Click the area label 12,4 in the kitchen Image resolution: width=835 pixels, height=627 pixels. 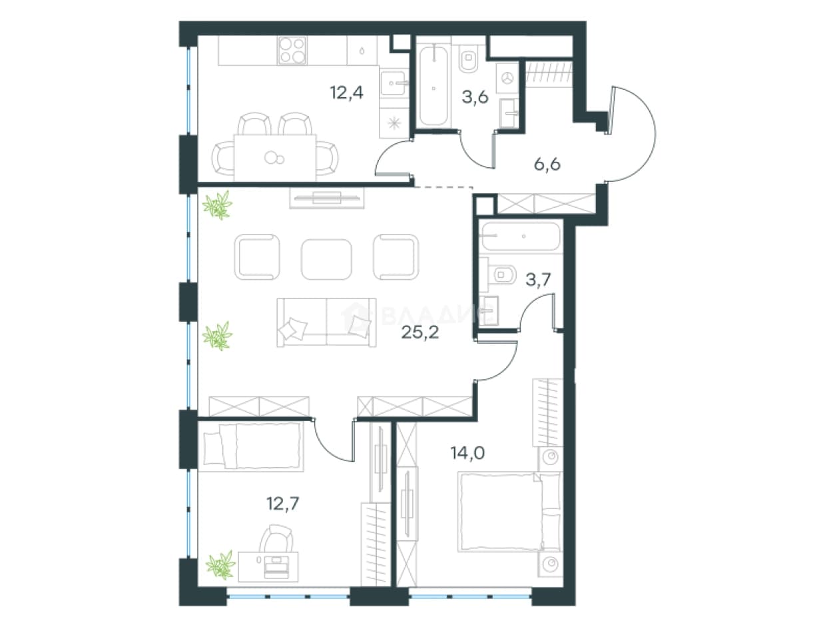click(x=346, y=93)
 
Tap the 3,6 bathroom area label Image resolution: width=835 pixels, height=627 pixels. click(x=475, y=97)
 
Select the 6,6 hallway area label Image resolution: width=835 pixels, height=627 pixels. click(x=547, y=165)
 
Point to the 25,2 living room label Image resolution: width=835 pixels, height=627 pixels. click(x=420, y=332)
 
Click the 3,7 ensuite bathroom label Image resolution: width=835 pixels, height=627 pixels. click(x=538, y=280)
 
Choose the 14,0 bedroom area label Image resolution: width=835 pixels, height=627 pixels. click(x=467, y=453)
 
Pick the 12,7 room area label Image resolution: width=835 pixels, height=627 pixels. click(x=283, y=504)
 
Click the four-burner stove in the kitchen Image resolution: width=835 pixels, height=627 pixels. click(x=292, y=50)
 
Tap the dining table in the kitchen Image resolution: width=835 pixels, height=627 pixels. click(x=275, y=158)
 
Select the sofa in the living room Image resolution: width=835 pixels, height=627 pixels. click(x=326, y=322)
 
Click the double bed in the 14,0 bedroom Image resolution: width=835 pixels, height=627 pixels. click(x=510, y=511)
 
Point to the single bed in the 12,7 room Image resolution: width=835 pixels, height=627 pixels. click(x=251, y=446)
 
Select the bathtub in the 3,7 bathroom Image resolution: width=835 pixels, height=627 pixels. click(x=521, y=237)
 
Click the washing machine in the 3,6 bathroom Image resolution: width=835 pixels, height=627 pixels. click(x=508, y=79)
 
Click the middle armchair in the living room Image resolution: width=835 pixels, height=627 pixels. click(x=326, y=259)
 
